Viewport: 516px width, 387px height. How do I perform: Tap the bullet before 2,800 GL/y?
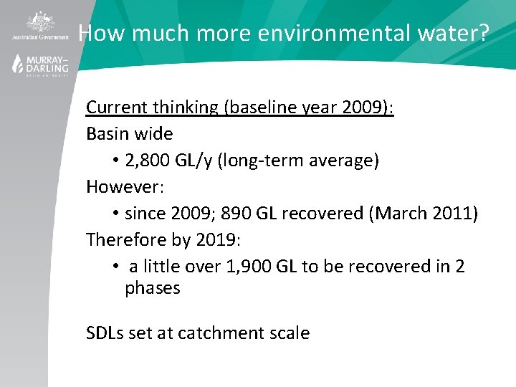click(115, 161)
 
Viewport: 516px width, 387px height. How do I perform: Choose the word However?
click(125, 187)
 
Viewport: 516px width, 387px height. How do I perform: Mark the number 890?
click(251, 214)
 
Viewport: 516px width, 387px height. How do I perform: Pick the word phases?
click(153, 288)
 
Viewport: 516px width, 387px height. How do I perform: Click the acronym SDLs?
click(105, 333)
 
